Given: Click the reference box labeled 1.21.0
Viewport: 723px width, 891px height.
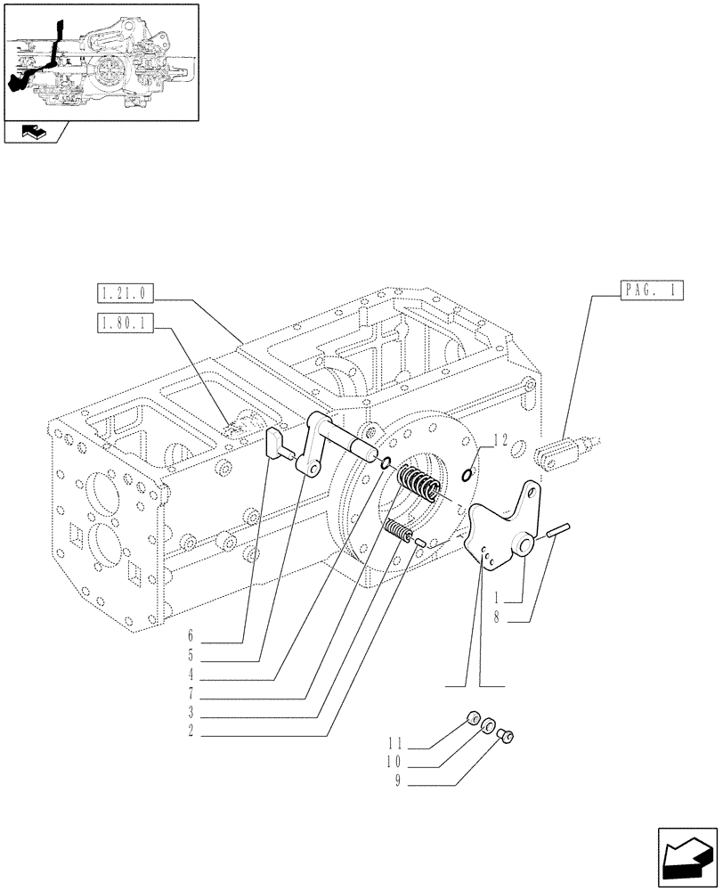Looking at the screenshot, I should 124,292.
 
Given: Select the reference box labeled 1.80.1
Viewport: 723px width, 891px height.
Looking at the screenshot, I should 124,324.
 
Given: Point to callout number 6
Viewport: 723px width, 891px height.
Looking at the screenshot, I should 190,636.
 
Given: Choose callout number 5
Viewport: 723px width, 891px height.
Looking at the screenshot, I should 190,656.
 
